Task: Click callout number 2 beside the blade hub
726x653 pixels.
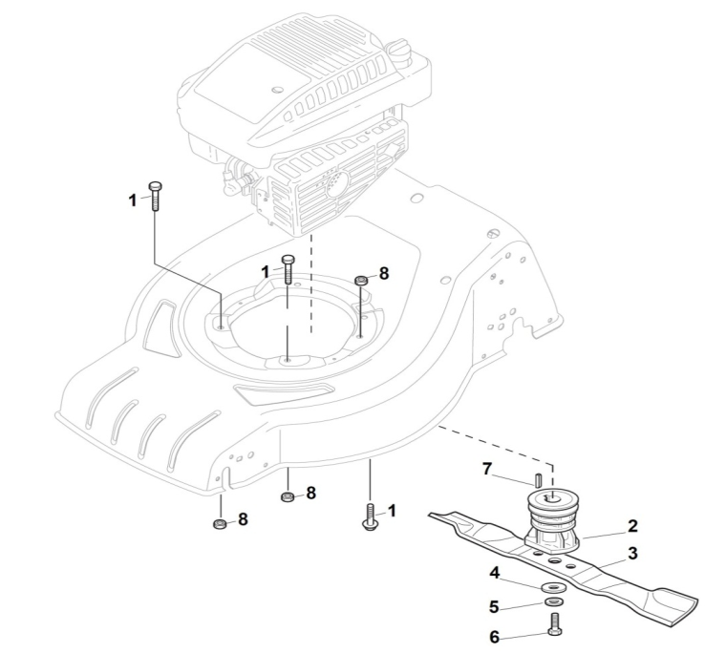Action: [632, 526]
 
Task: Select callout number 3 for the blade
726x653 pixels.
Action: [632, 553]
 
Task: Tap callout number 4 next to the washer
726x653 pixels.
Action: [495, 573]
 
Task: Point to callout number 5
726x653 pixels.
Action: [494, 607]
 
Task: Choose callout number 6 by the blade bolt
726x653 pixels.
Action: [495, 638]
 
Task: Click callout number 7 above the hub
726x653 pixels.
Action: [486, 470]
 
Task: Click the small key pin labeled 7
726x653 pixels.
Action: [538, 479]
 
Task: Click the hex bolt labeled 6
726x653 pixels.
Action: [555, 624]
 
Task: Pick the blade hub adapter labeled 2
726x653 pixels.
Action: [552, 522]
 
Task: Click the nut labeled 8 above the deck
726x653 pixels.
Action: [361, 280]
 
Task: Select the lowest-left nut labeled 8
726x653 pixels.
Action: [219, 524]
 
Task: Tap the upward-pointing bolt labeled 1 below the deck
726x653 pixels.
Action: [369, 517]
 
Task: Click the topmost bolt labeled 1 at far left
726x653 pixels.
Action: [155, 197]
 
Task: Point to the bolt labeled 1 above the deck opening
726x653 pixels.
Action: [288, 269]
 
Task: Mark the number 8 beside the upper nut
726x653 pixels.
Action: [384, 273]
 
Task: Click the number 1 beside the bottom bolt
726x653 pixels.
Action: [392, 511]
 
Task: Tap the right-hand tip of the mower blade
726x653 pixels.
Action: [697, 600]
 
